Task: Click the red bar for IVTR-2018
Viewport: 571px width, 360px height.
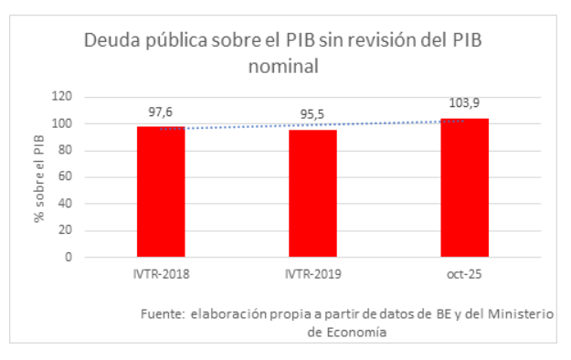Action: (x=161, y=192)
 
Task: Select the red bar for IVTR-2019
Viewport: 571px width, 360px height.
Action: (x=312, y=194)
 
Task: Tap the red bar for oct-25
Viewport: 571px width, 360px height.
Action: (x=464, y=188)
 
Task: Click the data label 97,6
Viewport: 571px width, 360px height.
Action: (x=161, y=112)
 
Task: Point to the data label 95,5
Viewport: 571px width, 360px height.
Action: (x=312, y=115)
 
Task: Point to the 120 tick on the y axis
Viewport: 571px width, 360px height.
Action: (x=61, y=96)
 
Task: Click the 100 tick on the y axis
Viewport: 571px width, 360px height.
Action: (x=61, y=123)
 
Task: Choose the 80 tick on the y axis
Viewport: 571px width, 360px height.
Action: (x=64, y=150)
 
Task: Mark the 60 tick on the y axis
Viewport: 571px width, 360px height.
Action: (x=64, y=176)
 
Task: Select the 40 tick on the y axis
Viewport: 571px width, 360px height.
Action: (x=64, y=204)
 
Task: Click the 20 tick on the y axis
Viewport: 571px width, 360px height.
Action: (x=64, y=230)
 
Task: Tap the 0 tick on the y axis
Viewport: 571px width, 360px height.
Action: (x=68, y=257)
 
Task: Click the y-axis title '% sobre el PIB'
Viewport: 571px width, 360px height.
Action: (x=37, y=176)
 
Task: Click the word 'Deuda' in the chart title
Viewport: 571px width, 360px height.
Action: (x=109, y=41)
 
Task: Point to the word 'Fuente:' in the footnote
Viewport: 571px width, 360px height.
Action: (x=163, y=313)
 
